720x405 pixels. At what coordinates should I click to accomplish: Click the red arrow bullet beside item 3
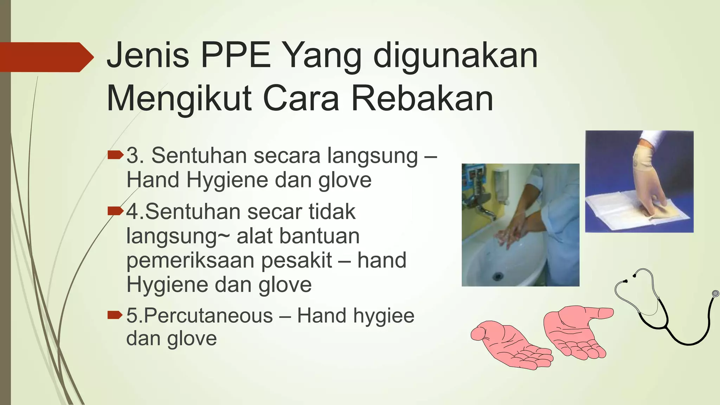click(116, 155)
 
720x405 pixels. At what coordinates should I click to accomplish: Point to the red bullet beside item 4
click(116, 211)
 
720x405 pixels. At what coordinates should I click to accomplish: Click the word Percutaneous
click(208, 315)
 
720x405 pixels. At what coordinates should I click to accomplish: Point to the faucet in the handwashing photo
click(482, 207)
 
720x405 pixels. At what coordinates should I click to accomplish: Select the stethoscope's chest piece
click(715, 294)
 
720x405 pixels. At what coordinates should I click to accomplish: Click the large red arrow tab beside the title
click(46, 57)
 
